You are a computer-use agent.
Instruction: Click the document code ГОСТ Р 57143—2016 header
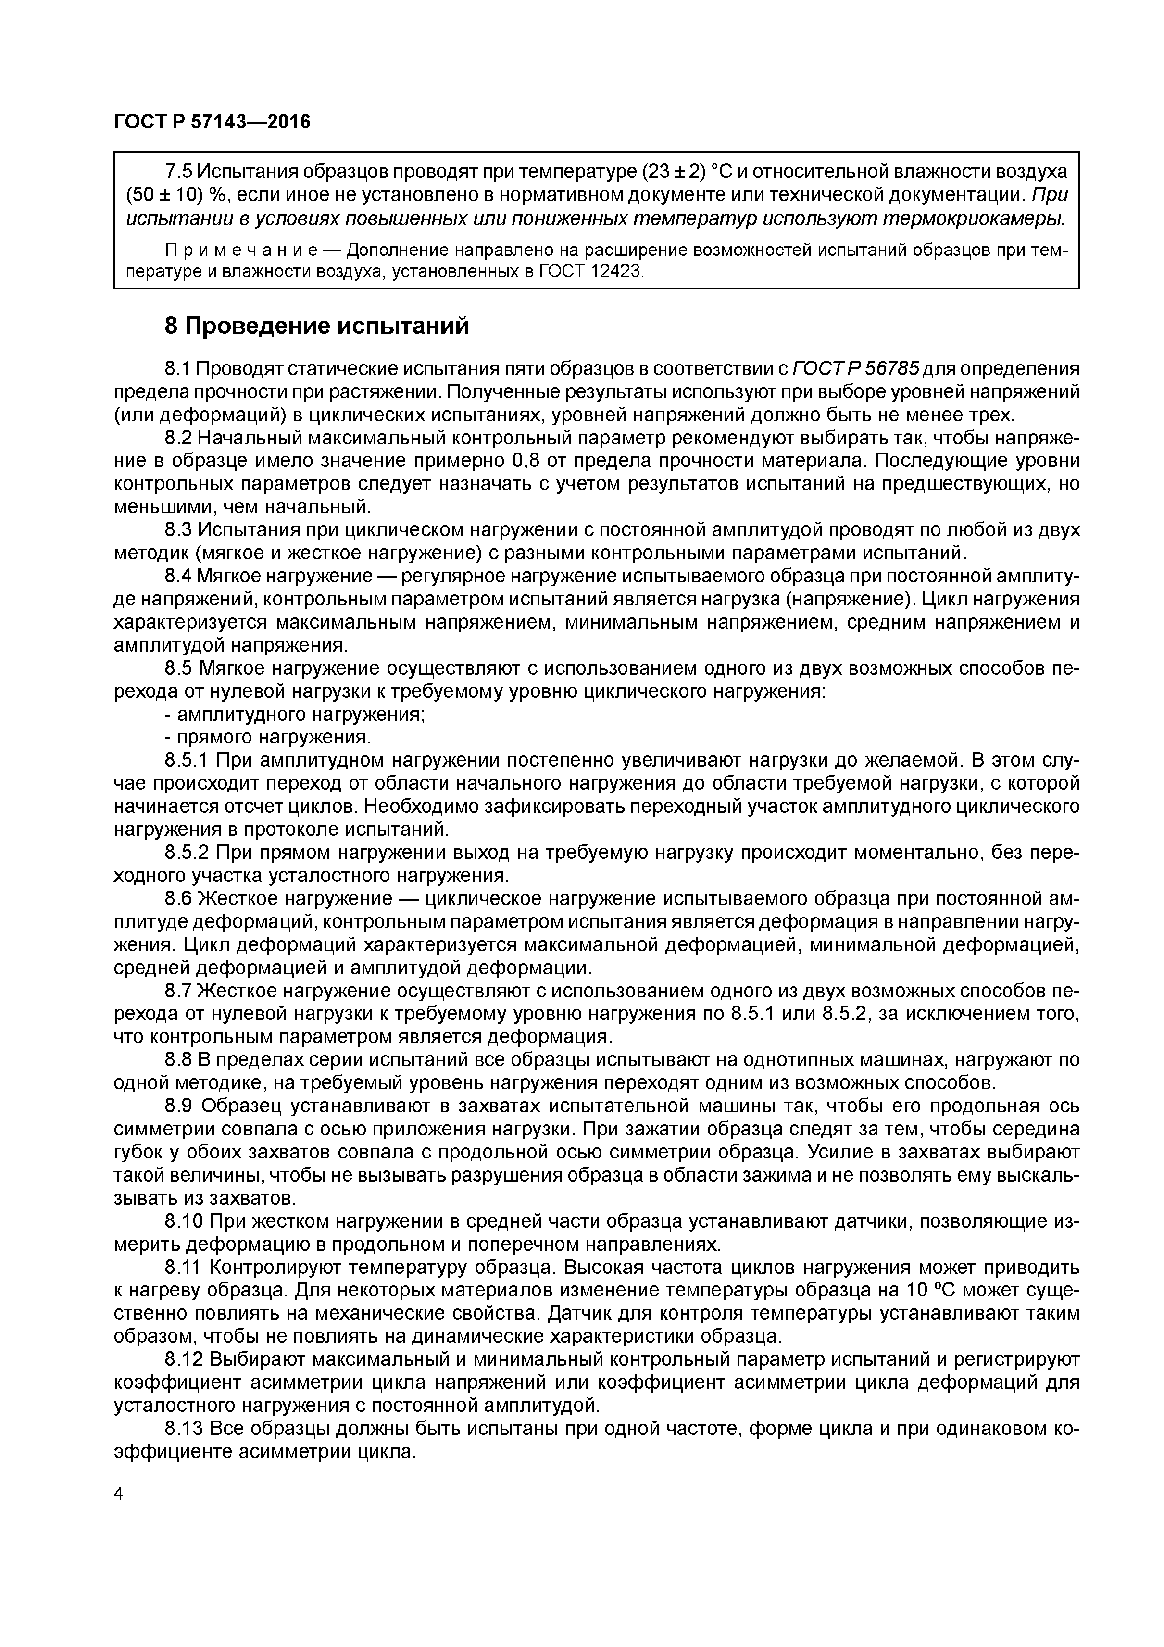click(213, 123)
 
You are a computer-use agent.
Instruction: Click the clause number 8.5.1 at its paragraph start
click(187, 760)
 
